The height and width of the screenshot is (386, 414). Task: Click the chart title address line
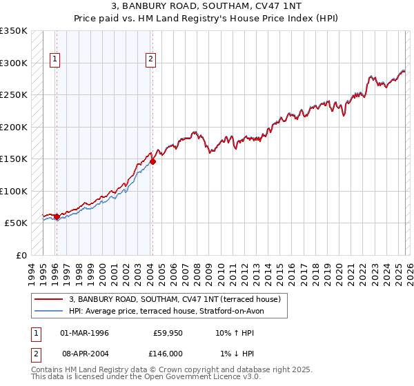(x=207, y=6)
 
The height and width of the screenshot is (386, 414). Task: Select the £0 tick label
(x=21, y=255)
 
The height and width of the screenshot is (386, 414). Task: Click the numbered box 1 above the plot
(x=55, y=59)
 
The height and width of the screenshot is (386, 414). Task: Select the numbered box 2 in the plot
(x=150, y=59)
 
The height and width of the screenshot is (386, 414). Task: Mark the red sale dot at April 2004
(x=152, y=162)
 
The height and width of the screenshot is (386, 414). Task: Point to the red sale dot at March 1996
(x=57, y=217)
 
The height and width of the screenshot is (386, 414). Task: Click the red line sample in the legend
(x=49, y=300)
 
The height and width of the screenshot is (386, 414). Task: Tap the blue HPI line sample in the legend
(x=49, y=311)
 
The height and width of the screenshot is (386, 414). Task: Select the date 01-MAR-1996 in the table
(x=84, y=333)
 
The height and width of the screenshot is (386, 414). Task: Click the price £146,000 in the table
(x=168, y=354)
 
